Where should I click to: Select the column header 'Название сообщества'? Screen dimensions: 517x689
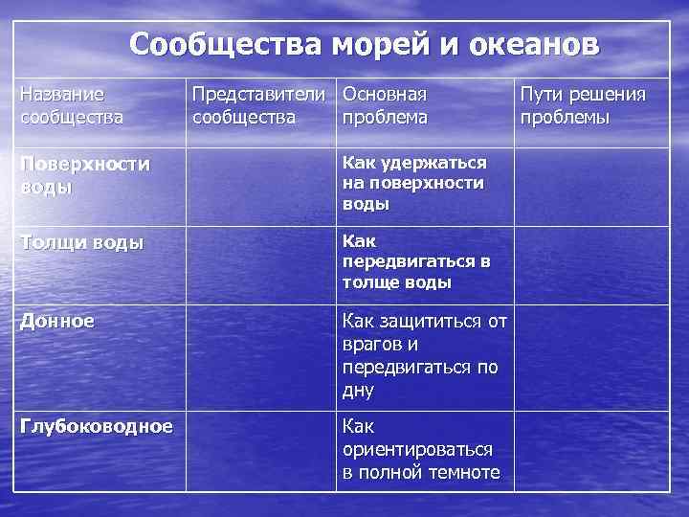tap(72, 105)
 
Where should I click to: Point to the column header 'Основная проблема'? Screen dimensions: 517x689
tap(385, 105)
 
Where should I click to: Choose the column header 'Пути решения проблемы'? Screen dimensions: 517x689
tap(582, 105)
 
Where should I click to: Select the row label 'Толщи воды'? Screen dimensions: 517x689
tap(82, 243)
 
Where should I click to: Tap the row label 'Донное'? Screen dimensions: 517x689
tap(57, 322)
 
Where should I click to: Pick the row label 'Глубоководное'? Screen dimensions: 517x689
tap(97, 425)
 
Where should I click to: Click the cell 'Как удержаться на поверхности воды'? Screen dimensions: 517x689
tap(414, 184)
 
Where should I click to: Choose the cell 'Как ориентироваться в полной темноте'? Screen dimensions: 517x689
tap(421, 449)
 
